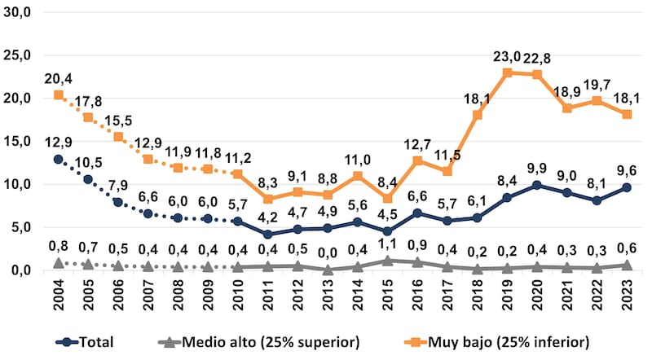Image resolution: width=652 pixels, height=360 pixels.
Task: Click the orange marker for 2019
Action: click(507, 72)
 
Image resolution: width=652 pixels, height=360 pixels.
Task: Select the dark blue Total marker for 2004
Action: click(58, 159)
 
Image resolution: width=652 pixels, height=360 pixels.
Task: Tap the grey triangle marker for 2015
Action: click(387, 261)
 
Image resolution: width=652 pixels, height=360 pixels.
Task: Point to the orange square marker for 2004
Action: click(58, 95)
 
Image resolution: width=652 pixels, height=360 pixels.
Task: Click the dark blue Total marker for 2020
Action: click(537, 185)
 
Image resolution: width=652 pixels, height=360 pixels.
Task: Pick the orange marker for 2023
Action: click(627, 114)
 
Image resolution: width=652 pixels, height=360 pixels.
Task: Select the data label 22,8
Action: click(537, 58)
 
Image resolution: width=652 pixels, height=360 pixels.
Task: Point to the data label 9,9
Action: click(537, 169)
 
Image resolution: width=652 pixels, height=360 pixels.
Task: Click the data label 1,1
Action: click(387, 244)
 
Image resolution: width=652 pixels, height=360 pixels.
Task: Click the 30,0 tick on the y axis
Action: click(17, 13)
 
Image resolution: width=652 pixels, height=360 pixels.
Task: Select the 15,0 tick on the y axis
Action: click(17, 141)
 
